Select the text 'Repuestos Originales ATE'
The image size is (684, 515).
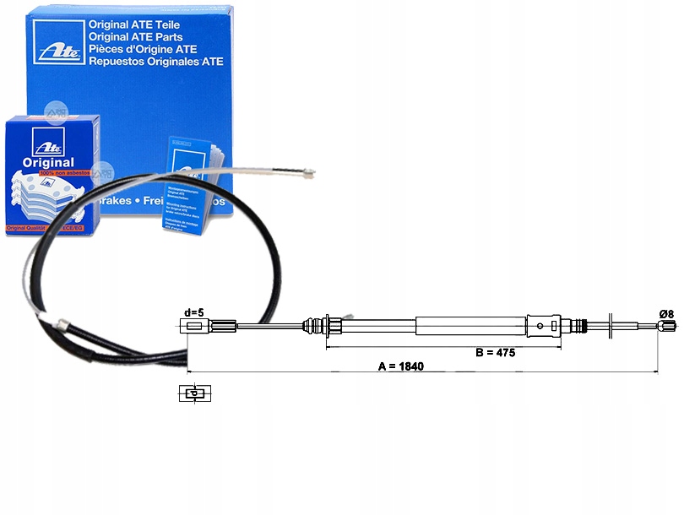156,61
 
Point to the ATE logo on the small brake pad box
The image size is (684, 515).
39,141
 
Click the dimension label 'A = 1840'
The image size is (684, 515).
401,366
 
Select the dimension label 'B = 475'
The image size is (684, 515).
495,352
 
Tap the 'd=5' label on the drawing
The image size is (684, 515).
193,312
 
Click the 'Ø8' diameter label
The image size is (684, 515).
666,314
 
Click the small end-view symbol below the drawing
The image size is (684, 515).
193,393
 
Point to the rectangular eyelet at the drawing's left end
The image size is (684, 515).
193,327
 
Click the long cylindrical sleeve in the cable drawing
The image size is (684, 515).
470,327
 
